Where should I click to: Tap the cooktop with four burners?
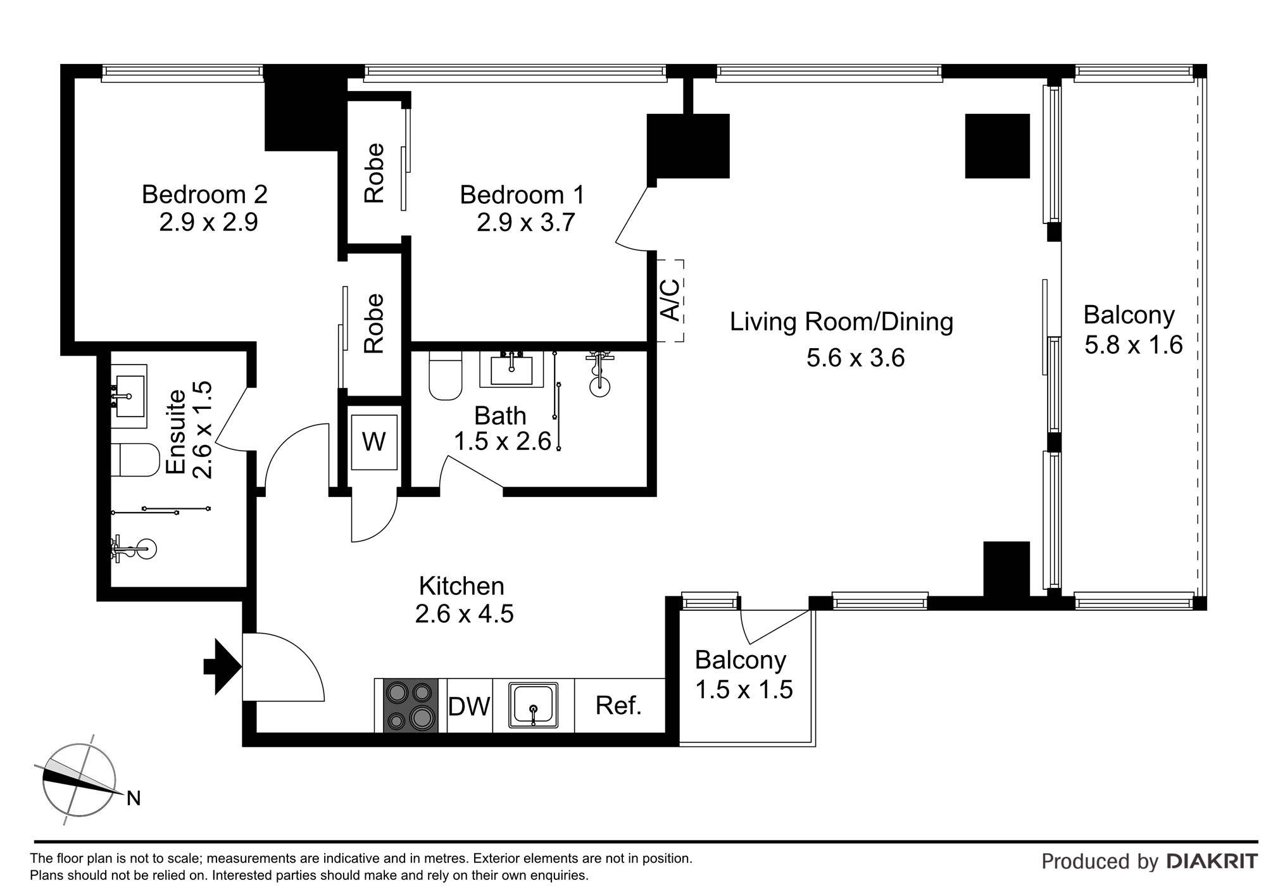(x=411, y=705)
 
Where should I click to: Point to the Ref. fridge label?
(x=618, y=705)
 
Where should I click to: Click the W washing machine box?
(x=373, y=442)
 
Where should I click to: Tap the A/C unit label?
(x=670, y=299)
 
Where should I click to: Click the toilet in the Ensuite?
(x=139, y=460)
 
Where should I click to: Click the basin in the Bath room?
(x=511, y=370)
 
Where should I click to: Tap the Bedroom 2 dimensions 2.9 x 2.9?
(x=208, y=223)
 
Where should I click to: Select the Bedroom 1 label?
(x=522, y=194)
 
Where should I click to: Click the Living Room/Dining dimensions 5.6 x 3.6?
(x=855, y=358)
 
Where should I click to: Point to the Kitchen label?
(x=461, y=585)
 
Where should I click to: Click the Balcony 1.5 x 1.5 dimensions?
(x=744, y=689)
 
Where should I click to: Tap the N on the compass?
(x=134, y=799)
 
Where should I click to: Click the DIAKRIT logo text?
(x=1212, y=861)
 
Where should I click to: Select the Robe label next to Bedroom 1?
(x=374, y=173)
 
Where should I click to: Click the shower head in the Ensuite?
(x=144, y=549)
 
